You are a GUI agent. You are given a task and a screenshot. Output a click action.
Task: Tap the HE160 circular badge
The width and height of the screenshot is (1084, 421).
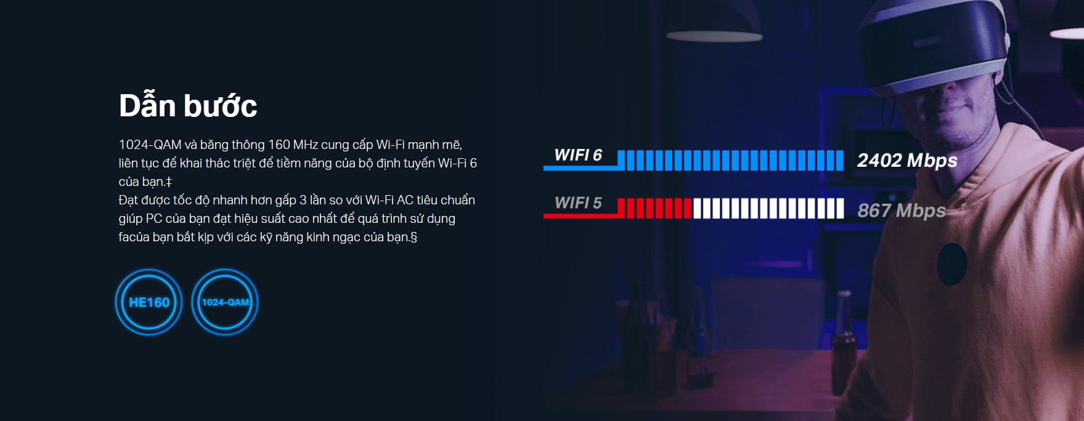click(149, 302)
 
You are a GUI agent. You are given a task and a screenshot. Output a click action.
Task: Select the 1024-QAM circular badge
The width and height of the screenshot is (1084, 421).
click(225, 302)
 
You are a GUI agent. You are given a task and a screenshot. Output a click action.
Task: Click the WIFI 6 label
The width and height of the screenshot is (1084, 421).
click(578, 155)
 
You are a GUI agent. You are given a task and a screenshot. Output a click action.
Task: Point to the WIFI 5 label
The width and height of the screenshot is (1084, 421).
click(578, 203)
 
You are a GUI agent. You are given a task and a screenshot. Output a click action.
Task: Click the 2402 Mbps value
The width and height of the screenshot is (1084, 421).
click(907, 161)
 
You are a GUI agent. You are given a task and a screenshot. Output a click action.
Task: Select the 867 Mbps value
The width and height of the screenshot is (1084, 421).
click(902, 210)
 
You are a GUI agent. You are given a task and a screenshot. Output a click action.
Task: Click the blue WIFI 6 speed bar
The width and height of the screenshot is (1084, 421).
click(730, 160)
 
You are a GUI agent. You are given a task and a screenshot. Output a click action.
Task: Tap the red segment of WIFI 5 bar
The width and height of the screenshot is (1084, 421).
click(654, 208)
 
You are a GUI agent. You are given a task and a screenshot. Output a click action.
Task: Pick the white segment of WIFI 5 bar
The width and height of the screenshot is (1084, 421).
click(768, 208)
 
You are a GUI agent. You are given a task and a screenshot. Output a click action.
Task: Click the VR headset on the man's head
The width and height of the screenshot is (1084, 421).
click(931, 43)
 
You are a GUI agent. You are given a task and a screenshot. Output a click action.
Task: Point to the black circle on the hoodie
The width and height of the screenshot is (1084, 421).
click(952, 264)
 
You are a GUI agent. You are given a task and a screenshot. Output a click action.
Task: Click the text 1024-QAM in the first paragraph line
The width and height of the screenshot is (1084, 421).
click(150, 145)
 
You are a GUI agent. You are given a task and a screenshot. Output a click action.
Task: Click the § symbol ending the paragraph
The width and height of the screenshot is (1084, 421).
click(414, 237)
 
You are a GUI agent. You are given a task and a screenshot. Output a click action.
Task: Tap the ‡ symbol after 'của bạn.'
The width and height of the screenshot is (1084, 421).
click(168, 182)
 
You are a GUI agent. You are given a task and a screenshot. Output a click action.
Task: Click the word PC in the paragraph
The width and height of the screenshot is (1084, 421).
click(154, 219)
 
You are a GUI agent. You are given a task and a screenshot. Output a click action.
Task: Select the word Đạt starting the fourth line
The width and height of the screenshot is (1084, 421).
click(128, 200)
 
